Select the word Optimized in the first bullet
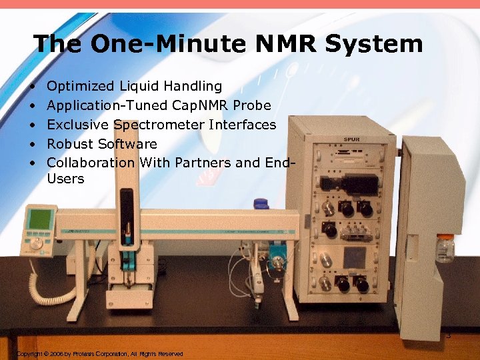81,86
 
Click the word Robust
70,144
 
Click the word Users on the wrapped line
65,179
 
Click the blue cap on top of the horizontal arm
260,204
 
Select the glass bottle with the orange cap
445,248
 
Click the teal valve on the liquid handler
275,266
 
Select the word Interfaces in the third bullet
243,125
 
